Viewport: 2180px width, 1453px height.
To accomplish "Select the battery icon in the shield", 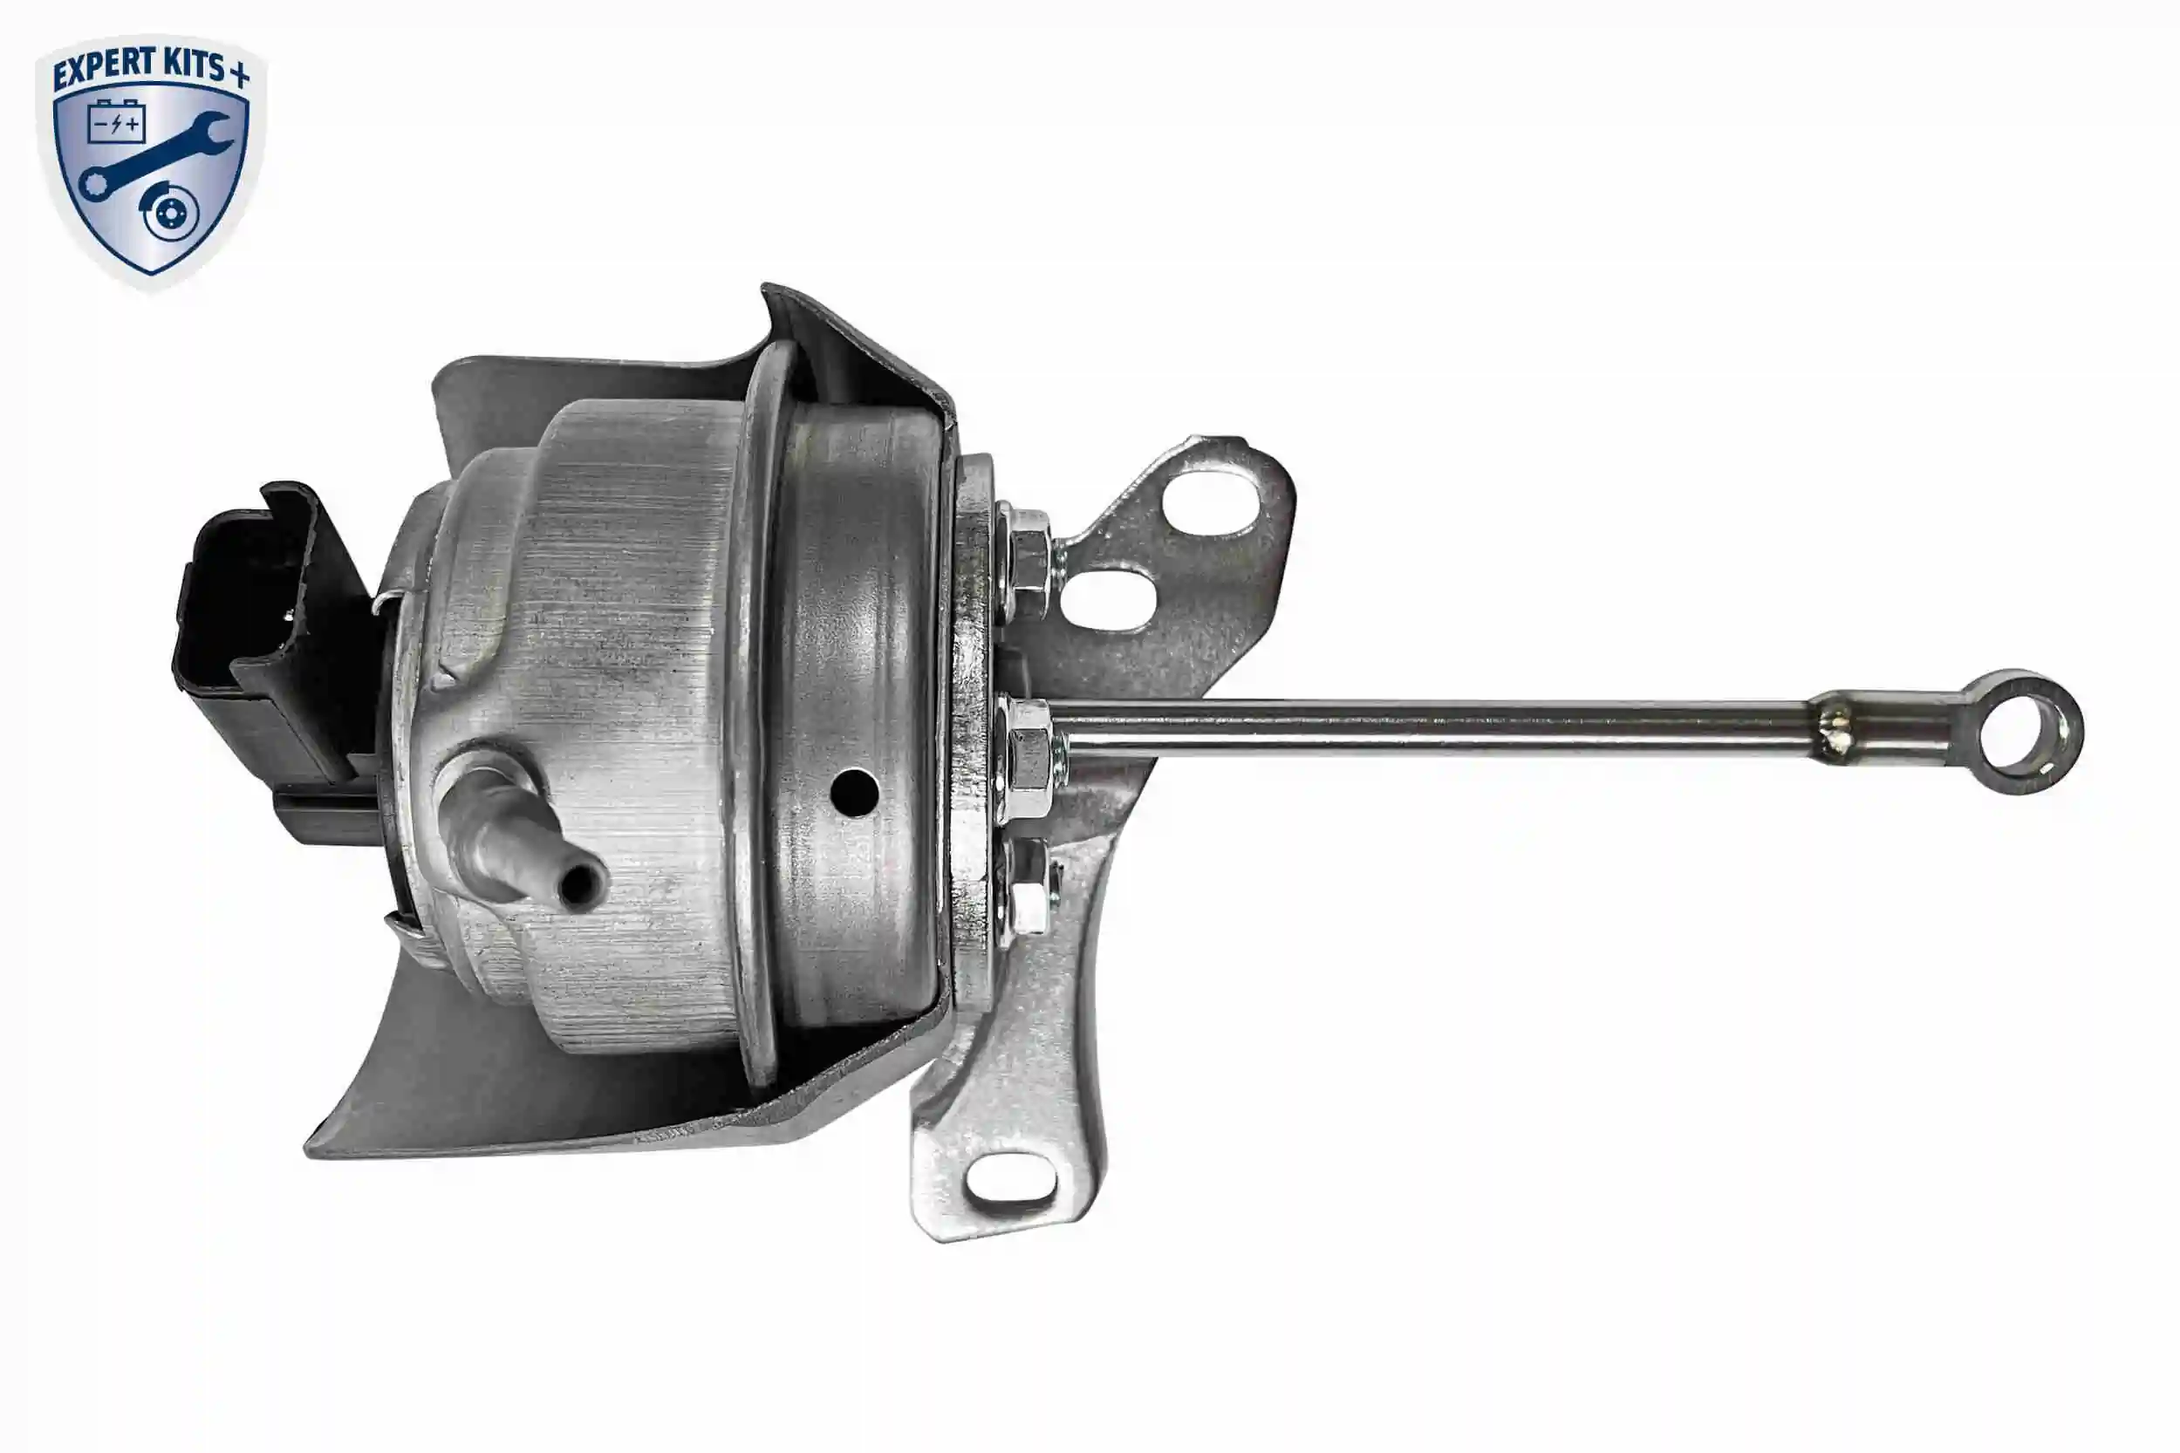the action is coord(117,121).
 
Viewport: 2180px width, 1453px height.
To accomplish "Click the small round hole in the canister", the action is coord(855,790).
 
